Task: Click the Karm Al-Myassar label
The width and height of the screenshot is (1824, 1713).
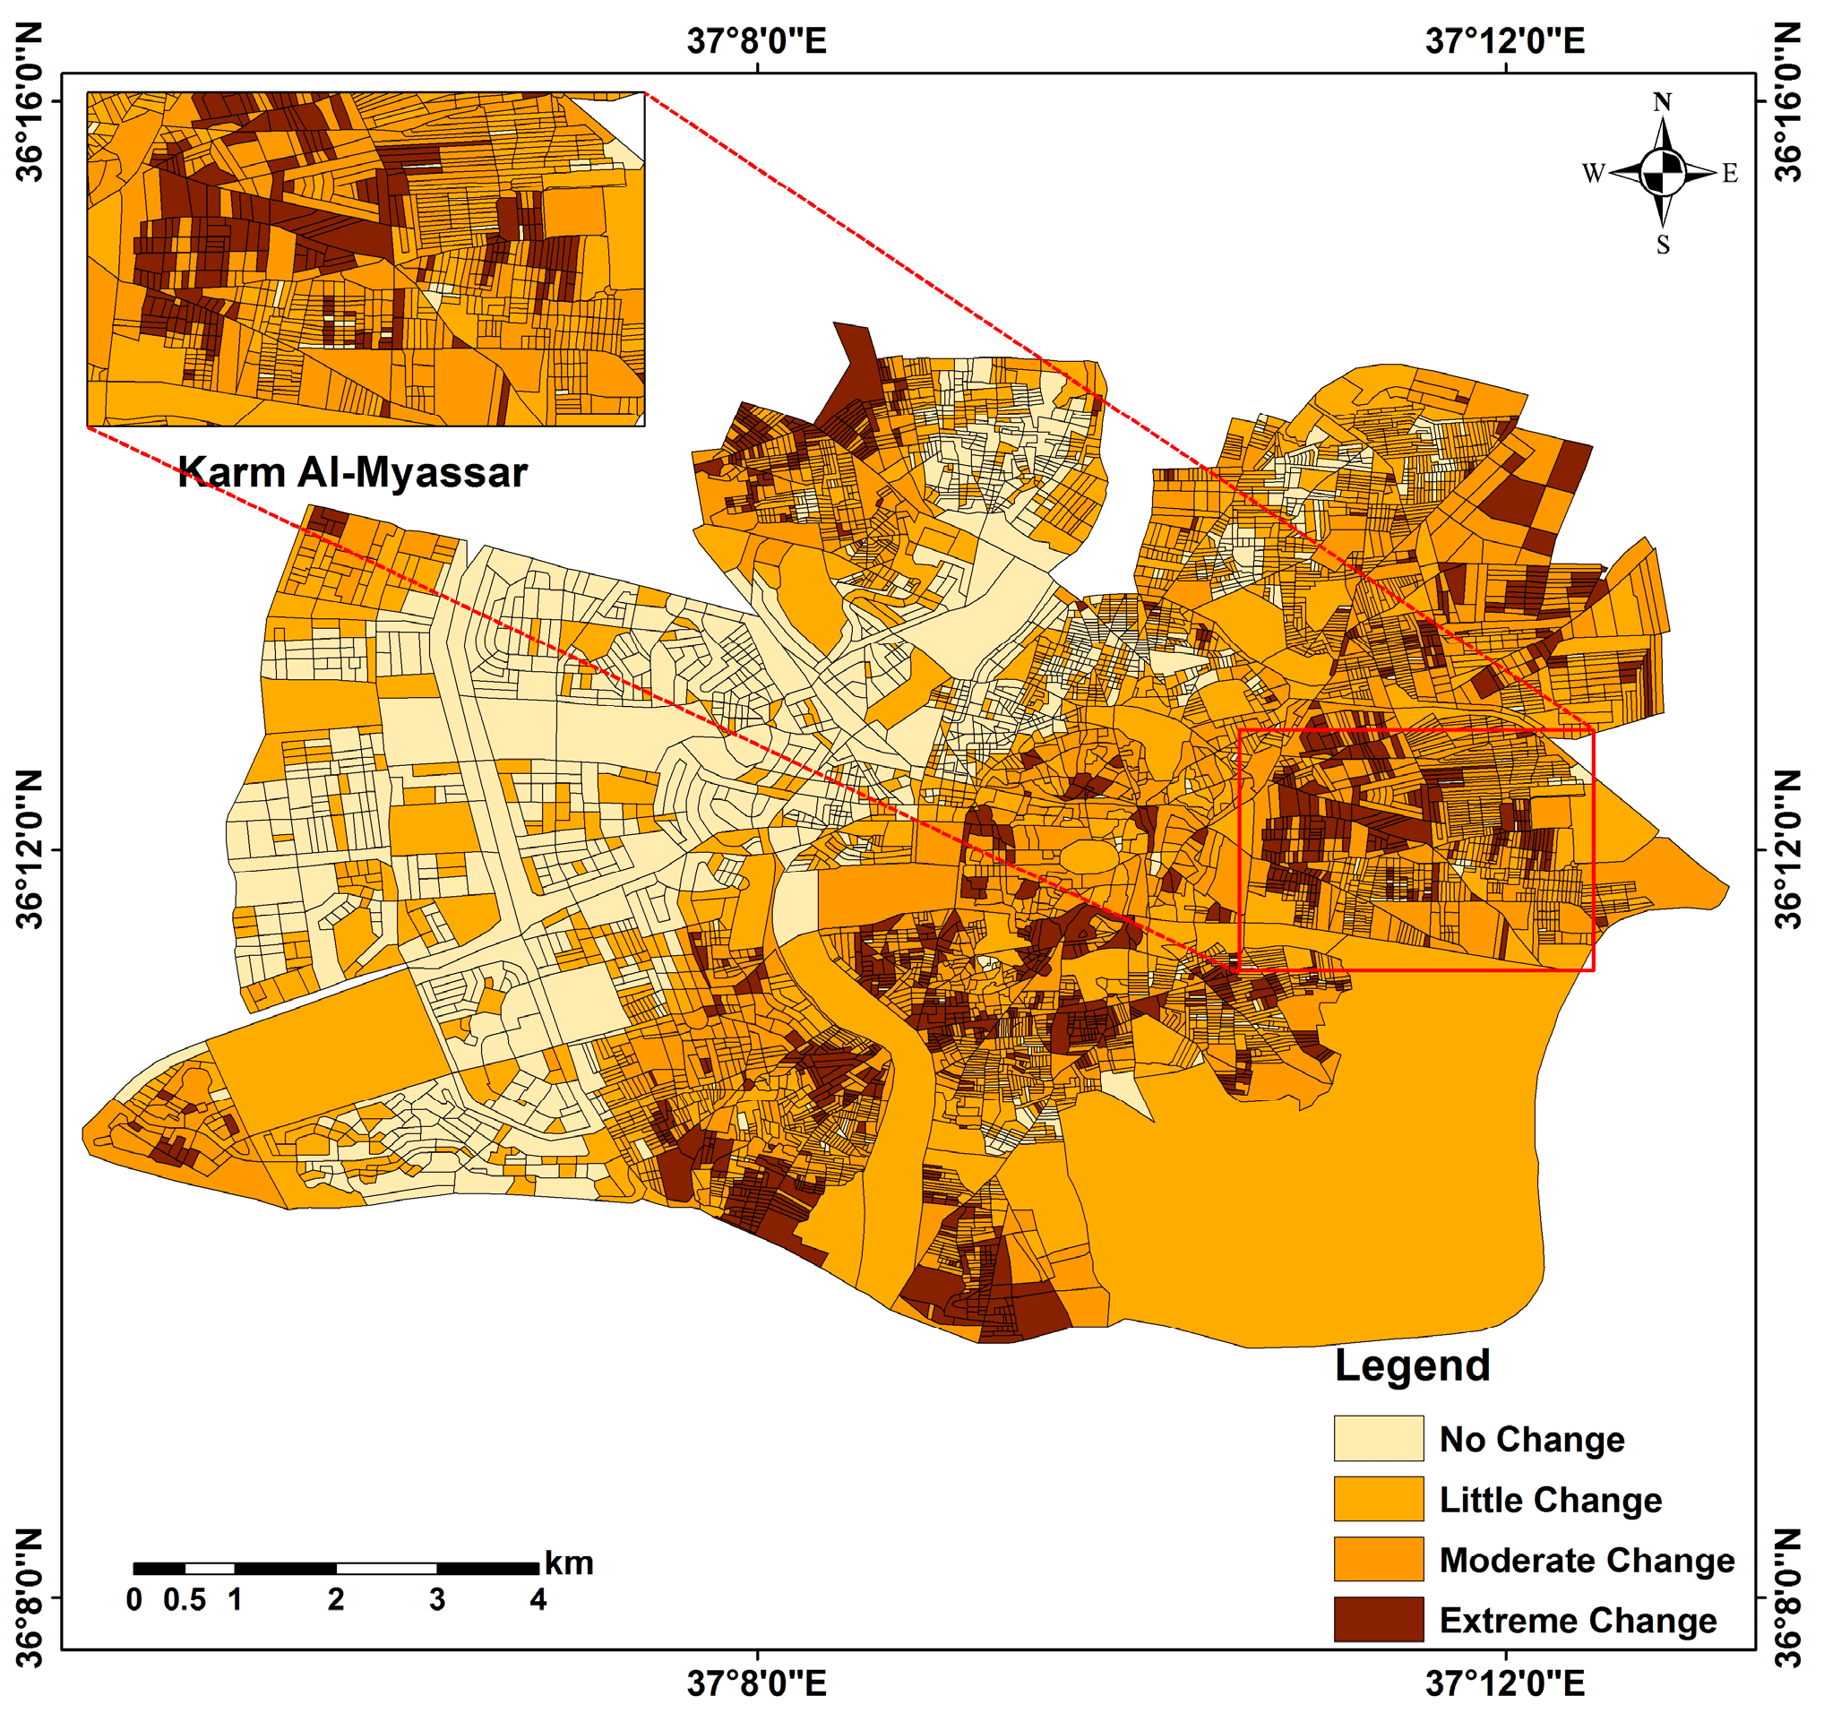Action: point(352,473)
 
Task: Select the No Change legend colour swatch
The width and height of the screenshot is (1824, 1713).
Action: point(1378,1439)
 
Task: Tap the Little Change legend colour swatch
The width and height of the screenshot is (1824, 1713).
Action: point(1378,1499)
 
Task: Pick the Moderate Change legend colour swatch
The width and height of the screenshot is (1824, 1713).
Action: point(1378,1560)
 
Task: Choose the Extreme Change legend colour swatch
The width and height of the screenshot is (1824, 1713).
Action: point(1378,1621)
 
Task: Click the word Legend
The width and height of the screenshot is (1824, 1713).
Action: point(1412,1366)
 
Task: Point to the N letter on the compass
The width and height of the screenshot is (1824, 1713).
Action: point(1662,103)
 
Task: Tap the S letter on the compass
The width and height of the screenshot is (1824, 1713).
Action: point(1663,245)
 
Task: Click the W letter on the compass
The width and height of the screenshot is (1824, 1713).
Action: point(1593,174)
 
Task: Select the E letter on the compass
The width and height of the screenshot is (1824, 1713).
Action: point(1730,174)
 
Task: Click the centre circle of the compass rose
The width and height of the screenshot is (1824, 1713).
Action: point(1663,173)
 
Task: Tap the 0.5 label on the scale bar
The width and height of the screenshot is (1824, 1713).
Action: point(185,1600)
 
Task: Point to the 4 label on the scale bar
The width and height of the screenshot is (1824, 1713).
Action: point(538,1600)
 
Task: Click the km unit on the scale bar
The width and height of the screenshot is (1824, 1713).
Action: point(569,1563)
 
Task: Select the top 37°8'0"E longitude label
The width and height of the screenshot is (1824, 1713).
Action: point(757,41)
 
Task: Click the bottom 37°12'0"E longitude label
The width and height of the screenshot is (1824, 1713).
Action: point(1505,1683)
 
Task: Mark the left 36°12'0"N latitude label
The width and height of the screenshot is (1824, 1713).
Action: point(30,849)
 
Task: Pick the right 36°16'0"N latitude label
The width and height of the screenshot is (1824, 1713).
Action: point(1788,103)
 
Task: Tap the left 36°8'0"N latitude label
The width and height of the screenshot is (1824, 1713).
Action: point(30,1597)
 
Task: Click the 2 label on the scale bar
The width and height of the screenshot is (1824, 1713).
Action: point(336,1600)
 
